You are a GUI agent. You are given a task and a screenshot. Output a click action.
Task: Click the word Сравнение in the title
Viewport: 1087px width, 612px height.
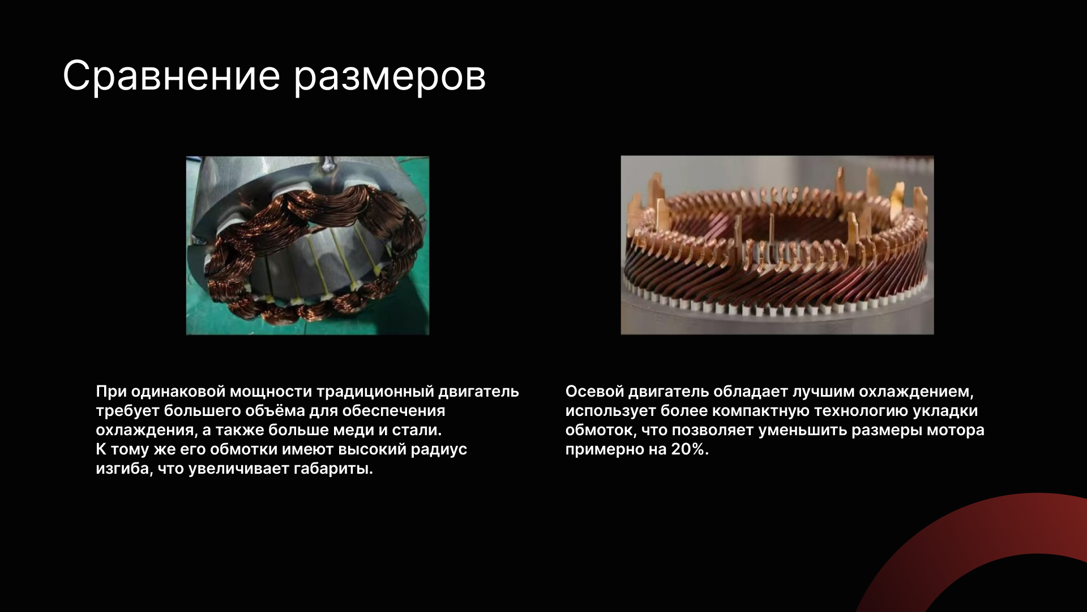click(x=172, y=76)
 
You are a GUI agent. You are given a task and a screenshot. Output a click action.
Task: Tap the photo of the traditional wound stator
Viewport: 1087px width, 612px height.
click(x=307, y=245)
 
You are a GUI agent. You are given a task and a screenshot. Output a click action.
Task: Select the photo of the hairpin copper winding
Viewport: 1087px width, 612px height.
click(x=777, y=245)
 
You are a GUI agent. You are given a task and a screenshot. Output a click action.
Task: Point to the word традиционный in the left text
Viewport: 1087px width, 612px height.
click(x=375, y=392)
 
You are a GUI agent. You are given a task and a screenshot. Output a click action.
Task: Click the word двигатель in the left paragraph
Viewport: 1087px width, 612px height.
click(x=479, y=392)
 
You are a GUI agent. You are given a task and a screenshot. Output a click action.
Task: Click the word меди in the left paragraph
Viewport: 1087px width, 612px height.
click(x=353, y=430)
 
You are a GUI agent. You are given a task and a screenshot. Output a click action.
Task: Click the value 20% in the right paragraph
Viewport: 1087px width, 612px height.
click(x=690, y=449)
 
